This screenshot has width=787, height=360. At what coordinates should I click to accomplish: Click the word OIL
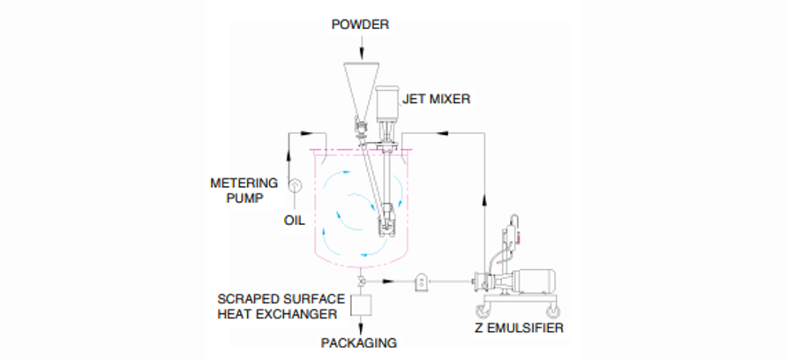point(293,219)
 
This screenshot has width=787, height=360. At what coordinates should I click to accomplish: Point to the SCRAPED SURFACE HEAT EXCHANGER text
point(278,305)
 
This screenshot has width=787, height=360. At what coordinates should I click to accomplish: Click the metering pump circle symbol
point(294,186)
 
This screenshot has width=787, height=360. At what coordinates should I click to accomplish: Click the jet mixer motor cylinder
point(387,106)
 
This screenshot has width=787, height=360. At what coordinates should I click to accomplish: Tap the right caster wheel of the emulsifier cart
point(555,311)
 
